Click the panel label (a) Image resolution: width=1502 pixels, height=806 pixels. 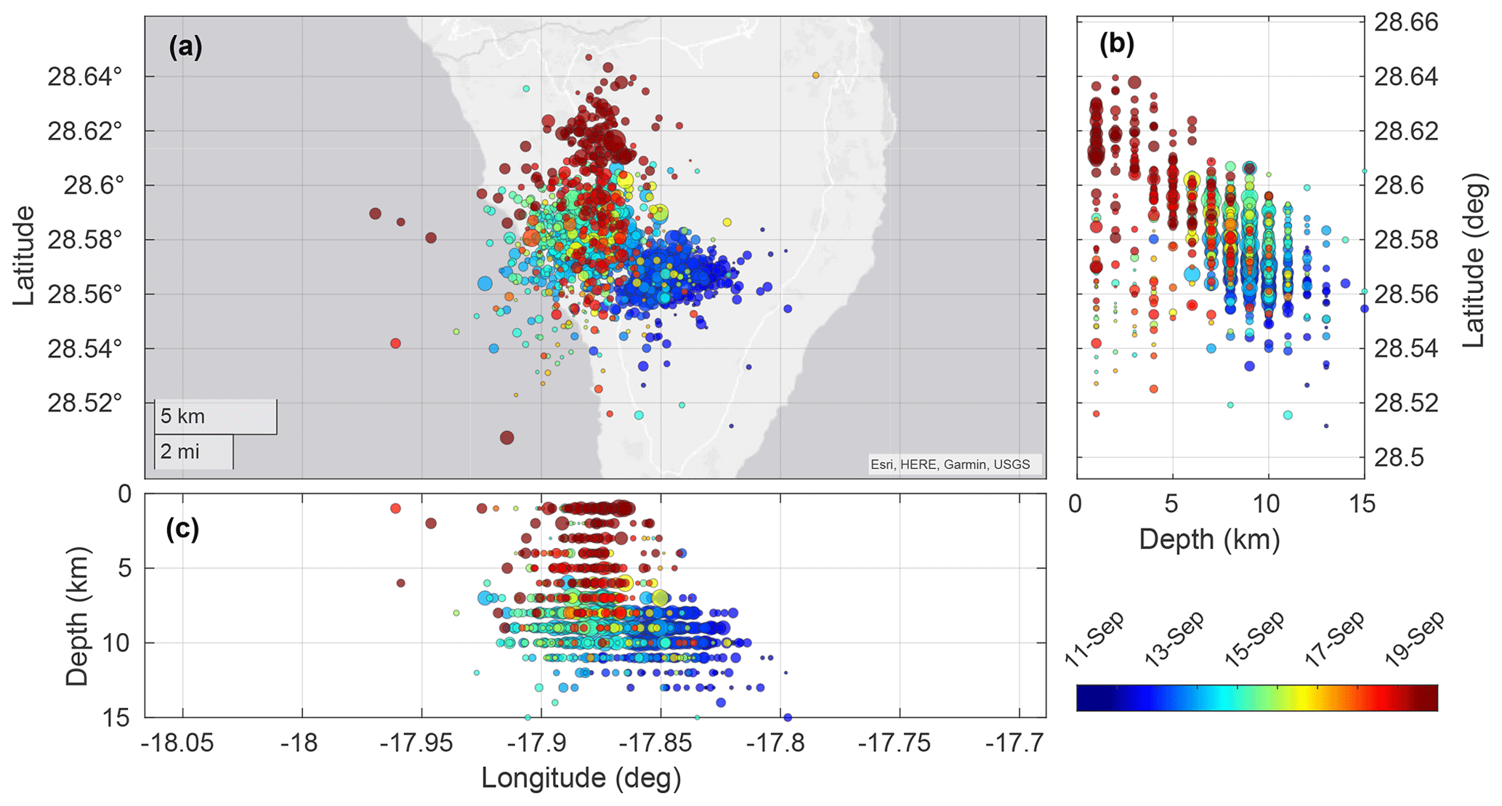click(185, 48)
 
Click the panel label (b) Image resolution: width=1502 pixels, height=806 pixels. click(1117, 44)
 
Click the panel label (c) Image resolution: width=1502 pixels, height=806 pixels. click(182, 528)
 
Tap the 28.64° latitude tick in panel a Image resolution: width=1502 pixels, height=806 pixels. click(85, 76)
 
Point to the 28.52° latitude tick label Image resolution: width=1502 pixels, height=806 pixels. click(85, 403)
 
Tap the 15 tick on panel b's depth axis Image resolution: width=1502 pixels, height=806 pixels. click(1362, 504)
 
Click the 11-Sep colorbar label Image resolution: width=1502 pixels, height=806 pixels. click(1094, 640)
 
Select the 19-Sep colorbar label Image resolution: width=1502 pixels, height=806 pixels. click(1414, 640)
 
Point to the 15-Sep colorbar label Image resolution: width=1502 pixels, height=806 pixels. click(1254, 640)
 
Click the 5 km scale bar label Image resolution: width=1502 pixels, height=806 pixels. click(182, 416)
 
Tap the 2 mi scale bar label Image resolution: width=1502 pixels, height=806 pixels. click(179, 451)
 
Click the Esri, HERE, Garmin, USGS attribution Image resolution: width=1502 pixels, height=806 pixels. click(950, 464)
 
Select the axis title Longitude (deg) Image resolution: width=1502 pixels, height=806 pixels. click(581, 778)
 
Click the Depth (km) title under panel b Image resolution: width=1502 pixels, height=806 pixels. click(1209, 539)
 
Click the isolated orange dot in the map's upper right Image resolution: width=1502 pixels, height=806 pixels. click(816, 75)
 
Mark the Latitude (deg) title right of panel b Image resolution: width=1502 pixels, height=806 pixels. click(1473, 259)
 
